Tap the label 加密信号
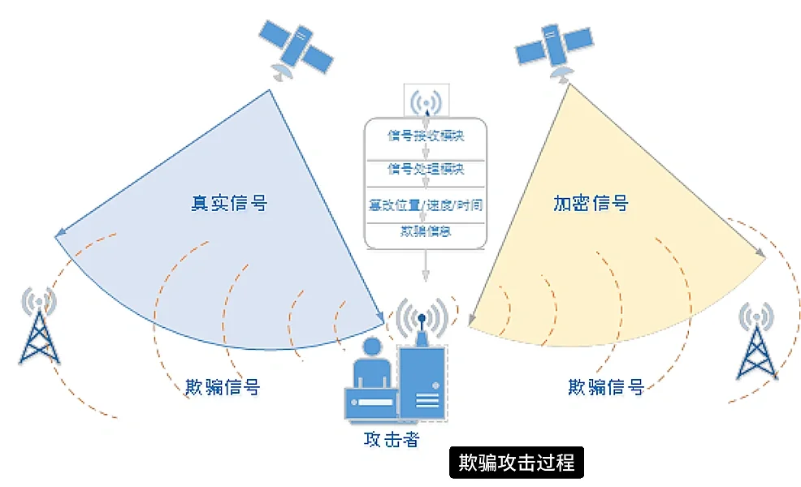590,202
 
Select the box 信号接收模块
426,136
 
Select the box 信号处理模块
426,169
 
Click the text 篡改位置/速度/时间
426,205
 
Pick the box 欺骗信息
426,231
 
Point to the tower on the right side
756,341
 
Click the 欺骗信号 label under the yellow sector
606,386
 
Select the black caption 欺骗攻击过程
517,463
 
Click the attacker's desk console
370,403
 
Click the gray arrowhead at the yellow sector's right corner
760,252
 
